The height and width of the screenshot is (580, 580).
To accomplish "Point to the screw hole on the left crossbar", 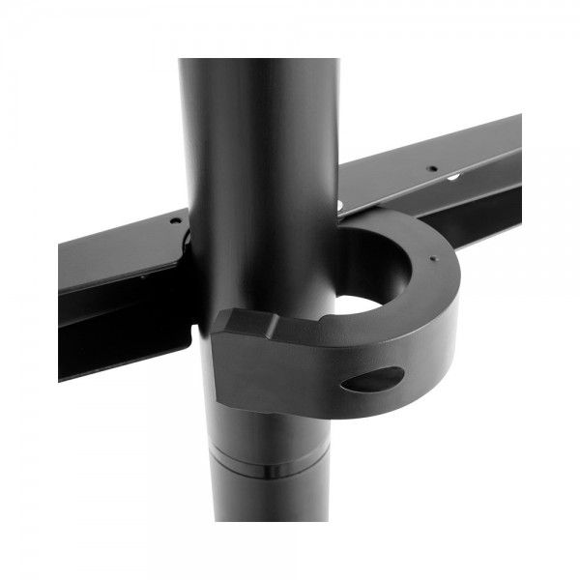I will pyautogui.click(x=174, y=221).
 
